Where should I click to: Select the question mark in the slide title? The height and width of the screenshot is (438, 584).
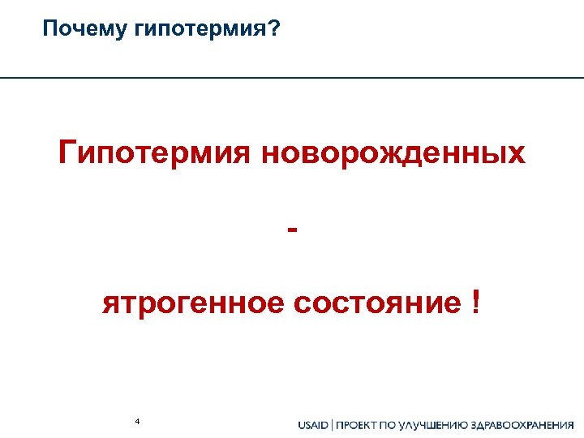276,30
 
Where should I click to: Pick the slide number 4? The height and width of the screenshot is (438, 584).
138,421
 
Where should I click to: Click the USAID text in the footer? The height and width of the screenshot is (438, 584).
313,425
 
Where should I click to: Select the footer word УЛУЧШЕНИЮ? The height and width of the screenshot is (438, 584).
444,425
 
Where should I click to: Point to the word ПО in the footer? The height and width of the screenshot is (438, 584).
396,425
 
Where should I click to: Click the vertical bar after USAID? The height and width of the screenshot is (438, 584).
333,425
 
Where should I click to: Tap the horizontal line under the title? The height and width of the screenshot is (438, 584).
292,77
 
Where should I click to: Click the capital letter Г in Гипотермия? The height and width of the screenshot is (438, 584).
67,152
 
